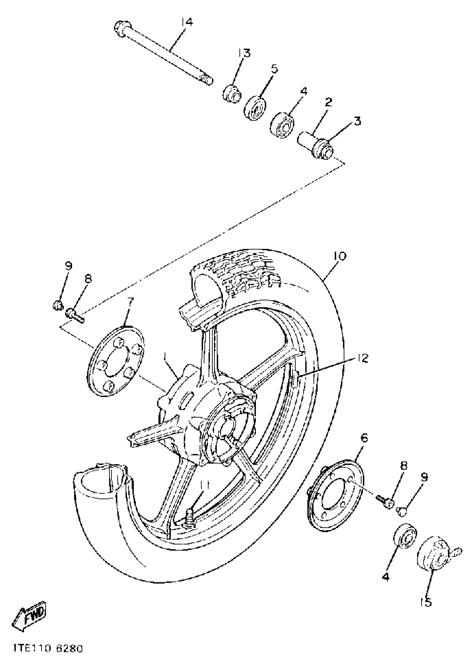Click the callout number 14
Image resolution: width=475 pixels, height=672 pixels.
tap(187, 23)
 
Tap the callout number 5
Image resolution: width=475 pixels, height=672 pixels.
tap(274, 69)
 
